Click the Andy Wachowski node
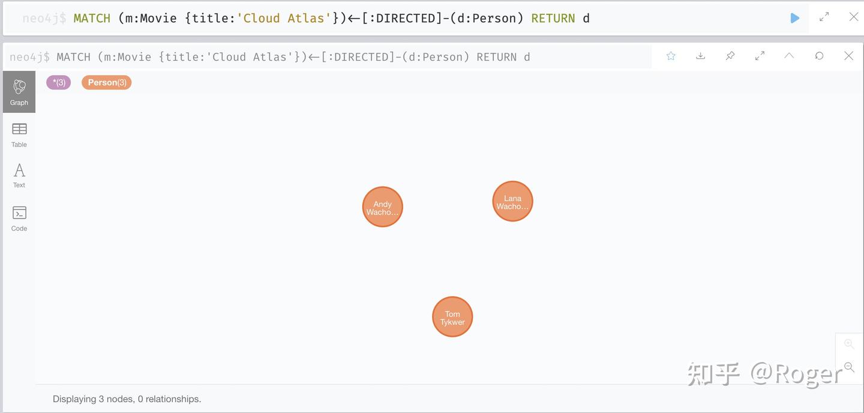pos(382,207)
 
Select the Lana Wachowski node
pos(512,201)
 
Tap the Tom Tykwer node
pos(452,316)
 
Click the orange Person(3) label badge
pos(106,82)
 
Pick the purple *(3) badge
pos(59,82)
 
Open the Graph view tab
pos(19,92)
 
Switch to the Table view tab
pos(19,135)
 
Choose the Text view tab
pos(19,176)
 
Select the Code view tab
pos(19,218)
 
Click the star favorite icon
pos(671,56)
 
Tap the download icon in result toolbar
pos(700,56)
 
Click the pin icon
pos(730,56)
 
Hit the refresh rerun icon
pos(819,56)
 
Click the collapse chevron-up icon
pos(789,56)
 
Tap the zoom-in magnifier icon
pos(848,343)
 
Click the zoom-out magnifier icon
pos(848,367)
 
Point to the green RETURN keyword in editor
pos(553,18)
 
